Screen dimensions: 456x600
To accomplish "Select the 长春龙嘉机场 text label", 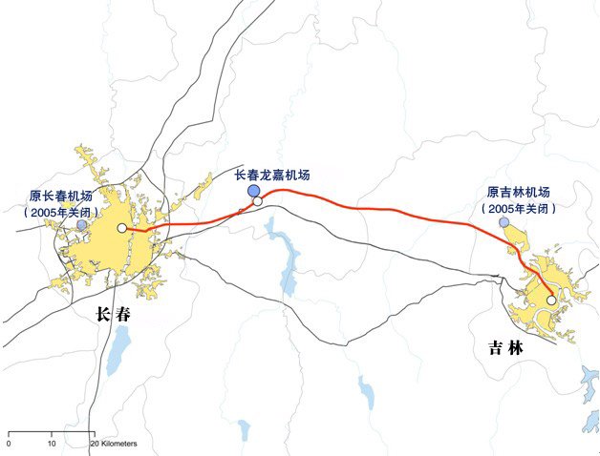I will tap(272, 176).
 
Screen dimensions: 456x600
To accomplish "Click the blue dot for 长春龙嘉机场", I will tap(254, 191).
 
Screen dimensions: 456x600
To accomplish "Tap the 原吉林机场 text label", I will tap(519, 191).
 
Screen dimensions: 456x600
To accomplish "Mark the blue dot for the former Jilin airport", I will tap(504, 222).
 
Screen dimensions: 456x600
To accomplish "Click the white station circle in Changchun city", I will tap(121, 228).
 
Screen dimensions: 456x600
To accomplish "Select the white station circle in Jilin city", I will tap(550, 301).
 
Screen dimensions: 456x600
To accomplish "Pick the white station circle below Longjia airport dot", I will tap(257, 201).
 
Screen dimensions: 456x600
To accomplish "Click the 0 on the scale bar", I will tap(9, 445).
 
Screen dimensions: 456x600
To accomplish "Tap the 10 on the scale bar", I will tap(52, 445).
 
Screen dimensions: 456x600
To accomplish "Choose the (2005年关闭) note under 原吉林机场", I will tap(519, 207).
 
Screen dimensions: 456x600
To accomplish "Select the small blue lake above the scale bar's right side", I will tap(244, 427).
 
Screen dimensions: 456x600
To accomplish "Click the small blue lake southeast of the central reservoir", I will tap(366, 391).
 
